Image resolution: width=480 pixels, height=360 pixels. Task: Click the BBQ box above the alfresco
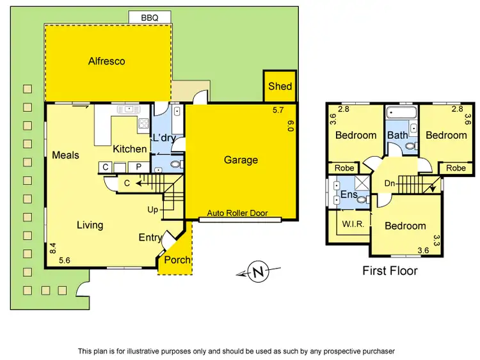[149, 17]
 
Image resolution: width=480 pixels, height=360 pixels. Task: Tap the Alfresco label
[107, 62]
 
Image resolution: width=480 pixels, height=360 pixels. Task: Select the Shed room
[280, 86]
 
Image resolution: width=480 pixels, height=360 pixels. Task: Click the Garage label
[241, 160]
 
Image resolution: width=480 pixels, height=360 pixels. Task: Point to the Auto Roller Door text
[237, 214]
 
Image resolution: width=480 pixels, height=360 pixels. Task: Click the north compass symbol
[259, 272]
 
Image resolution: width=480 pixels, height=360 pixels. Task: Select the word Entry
[150, 238]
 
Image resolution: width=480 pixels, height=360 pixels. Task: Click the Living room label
[90, 225]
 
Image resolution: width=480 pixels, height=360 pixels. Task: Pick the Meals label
[65, 155]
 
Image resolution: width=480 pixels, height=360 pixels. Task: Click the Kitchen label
[130, 149]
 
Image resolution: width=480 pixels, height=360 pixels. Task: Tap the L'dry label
[163, 137]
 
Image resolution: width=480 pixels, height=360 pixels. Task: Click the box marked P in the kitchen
[139, 168]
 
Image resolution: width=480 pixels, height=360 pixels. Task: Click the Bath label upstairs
[397, 135]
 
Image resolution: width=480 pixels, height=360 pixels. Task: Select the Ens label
[348, 194]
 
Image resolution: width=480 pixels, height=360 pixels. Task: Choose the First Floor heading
[390, 270]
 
